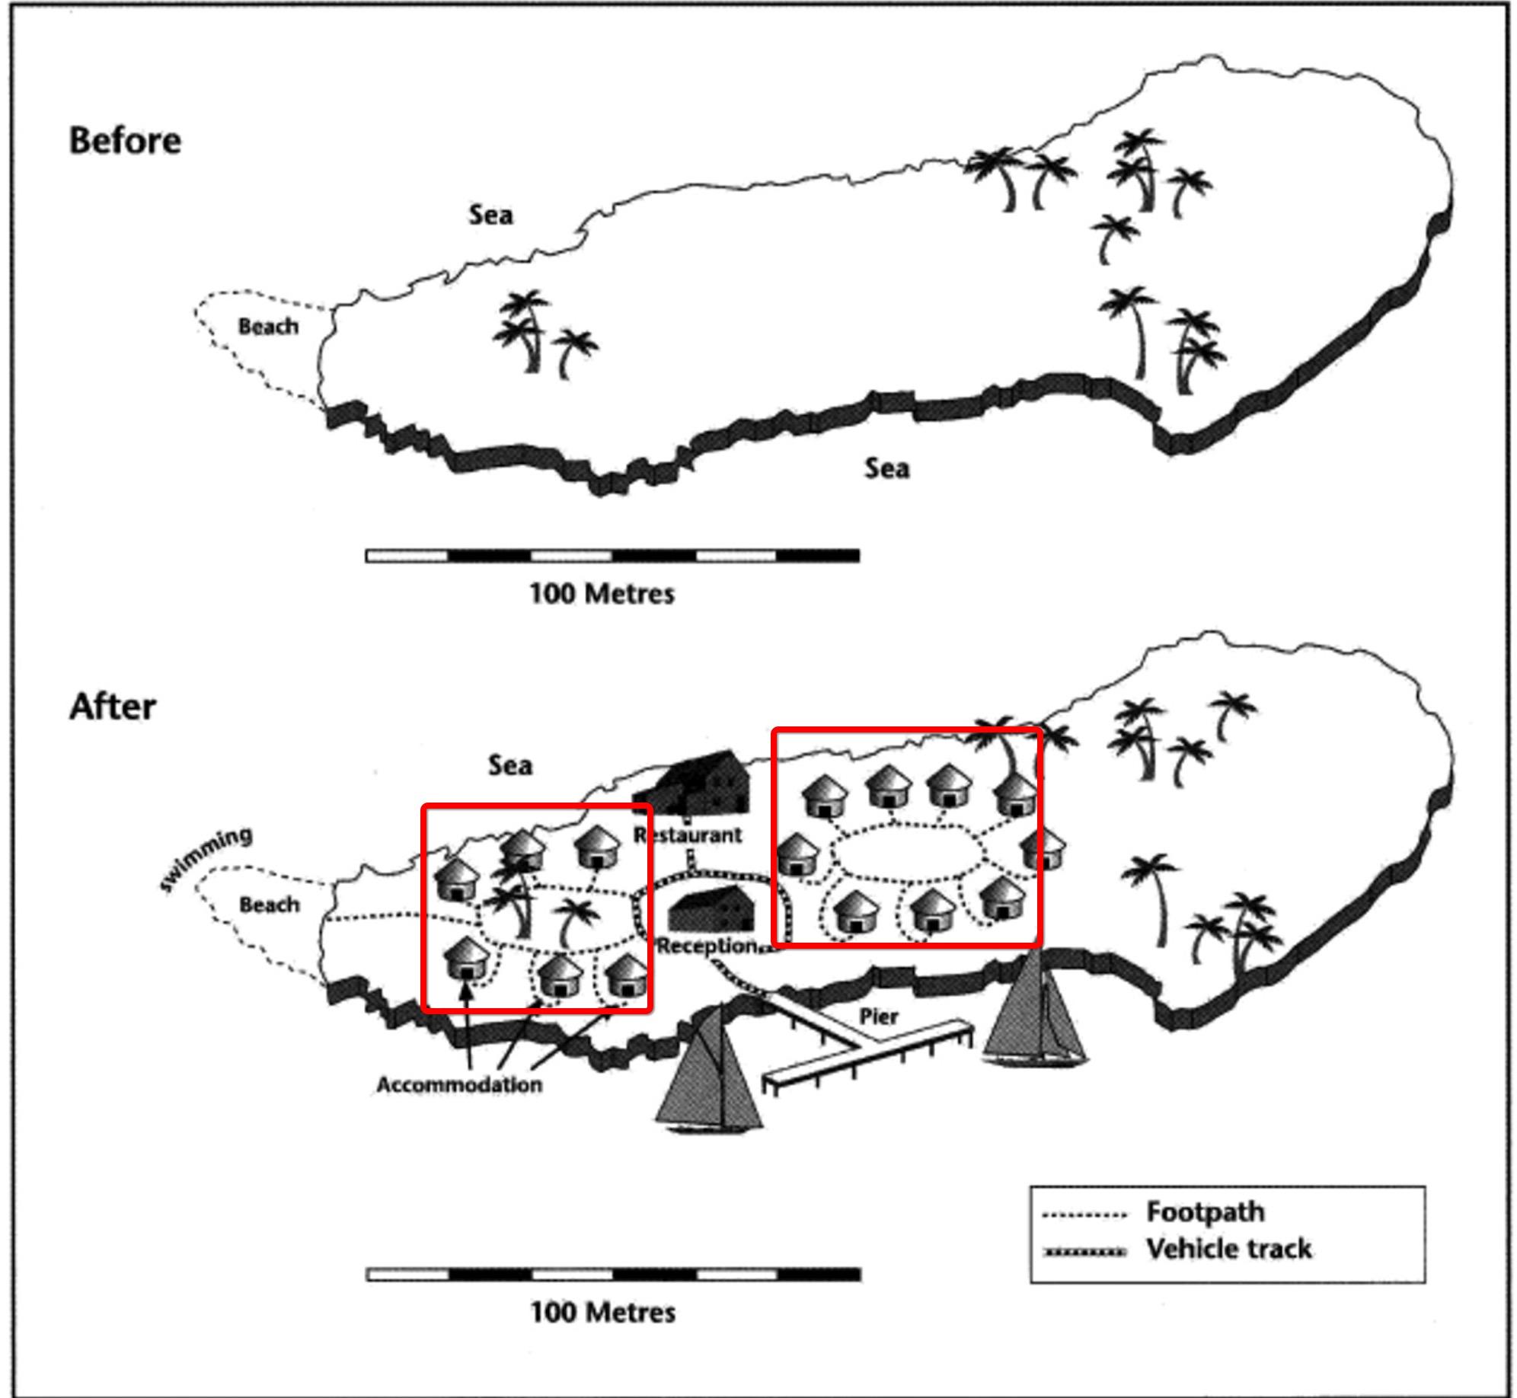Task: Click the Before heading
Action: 126,141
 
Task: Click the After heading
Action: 113,707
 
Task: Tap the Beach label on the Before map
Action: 268,327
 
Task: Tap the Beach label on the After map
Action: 270,905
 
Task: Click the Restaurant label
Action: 688,835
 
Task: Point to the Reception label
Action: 707,946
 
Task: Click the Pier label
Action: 879,1016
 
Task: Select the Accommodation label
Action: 459,1085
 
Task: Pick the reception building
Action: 711,909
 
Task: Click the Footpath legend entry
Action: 1205,1211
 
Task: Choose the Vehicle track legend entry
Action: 1228,1249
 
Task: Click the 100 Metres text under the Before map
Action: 602,593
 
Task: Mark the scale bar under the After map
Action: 613,1275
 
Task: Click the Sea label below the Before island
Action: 886,468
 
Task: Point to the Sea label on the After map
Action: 510,765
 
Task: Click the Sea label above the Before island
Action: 490,215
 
